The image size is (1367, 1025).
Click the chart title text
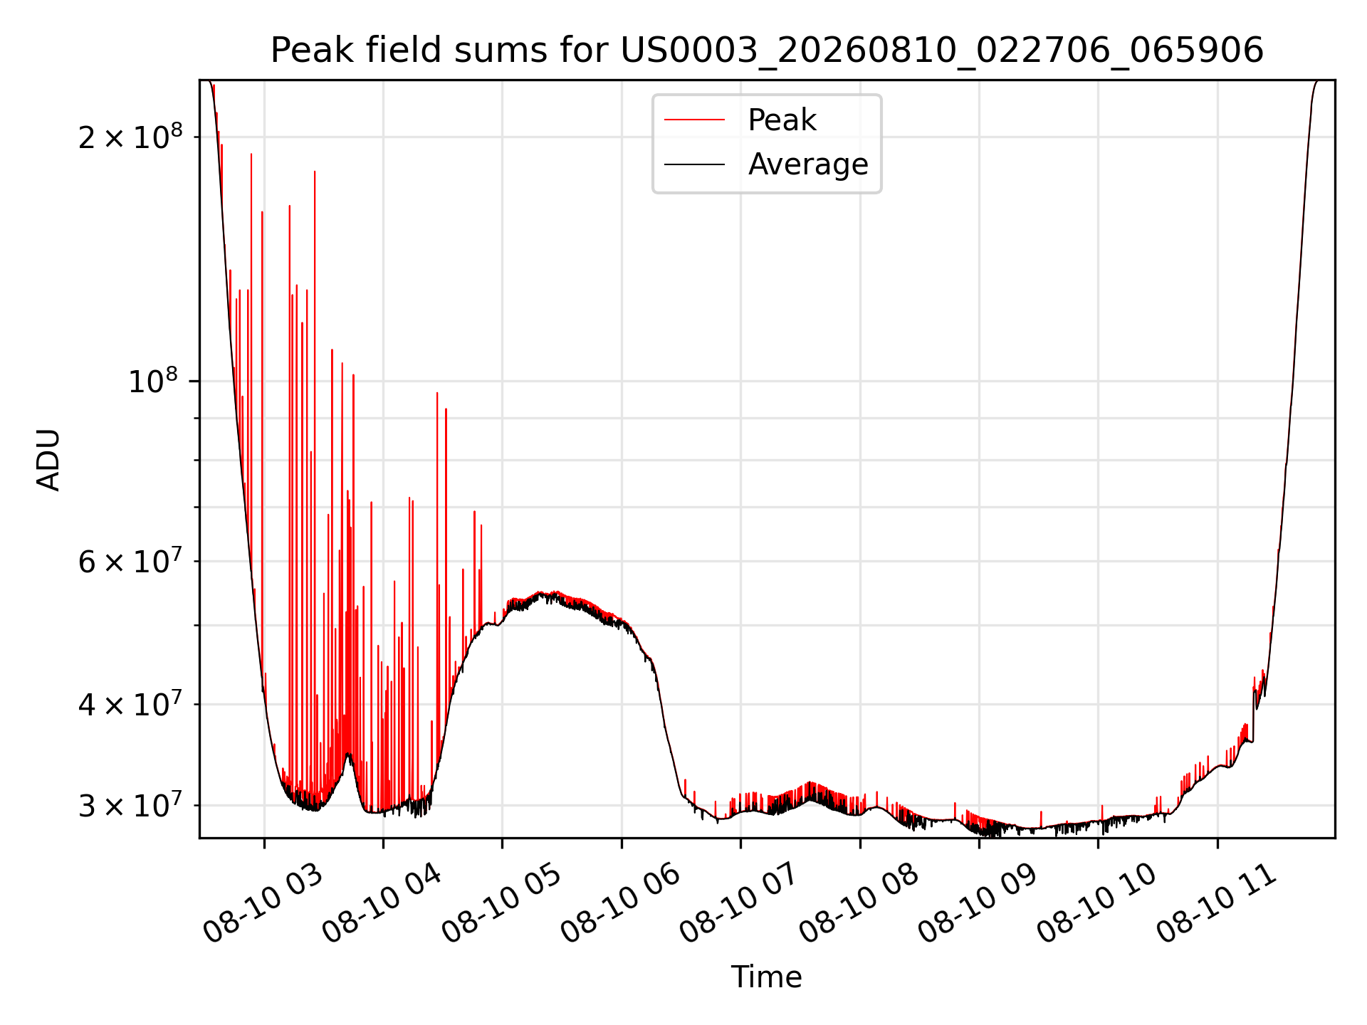coord(767,51)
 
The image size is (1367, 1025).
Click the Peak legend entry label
coord(782,120)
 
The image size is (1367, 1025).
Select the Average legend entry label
coord(808,164)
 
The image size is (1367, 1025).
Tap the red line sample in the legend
coord(694,120)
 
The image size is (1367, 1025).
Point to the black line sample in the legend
coord(694,164)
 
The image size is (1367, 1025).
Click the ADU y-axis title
coord(48,460)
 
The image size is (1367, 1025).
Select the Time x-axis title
coord(767,977)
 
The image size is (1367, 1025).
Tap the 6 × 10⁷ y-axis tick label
coord(130,561)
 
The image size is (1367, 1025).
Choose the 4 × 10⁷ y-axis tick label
coord(130,704)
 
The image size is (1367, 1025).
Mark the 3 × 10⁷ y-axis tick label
coord(130,805)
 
